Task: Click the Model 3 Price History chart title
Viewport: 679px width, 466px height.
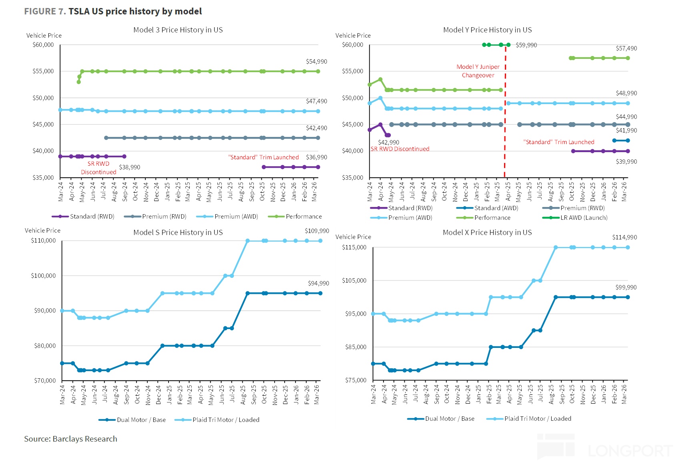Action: pos(178,30)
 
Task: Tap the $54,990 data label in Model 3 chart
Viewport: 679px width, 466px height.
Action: pos(316,62)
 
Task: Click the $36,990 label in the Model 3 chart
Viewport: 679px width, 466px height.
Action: pos(316,157)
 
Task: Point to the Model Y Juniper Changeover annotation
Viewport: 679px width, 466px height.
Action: pos(478,71)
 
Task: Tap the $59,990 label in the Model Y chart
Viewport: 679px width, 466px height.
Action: pos(526,45)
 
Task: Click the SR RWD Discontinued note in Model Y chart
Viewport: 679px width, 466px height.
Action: pos(400,149)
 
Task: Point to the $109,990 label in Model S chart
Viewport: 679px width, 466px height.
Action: pos(317,231)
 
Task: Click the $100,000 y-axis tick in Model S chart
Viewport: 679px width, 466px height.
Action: pos(43,276)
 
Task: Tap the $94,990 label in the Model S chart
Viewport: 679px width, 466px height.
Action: pos(318,283)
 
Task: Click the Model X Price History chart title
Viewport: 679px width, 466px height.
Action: pos(487,233)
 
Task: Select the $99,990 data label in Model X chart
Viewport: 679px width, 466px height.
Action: pos(626,287)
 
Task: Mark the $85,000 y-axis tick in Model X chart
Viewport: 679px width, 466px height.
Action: pos(356,347)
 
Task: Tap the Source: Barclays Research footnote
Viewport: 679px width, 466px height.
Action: pos(70,439)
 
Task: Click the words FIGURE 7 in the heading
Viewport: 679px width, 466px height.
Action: pos(45,11)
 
